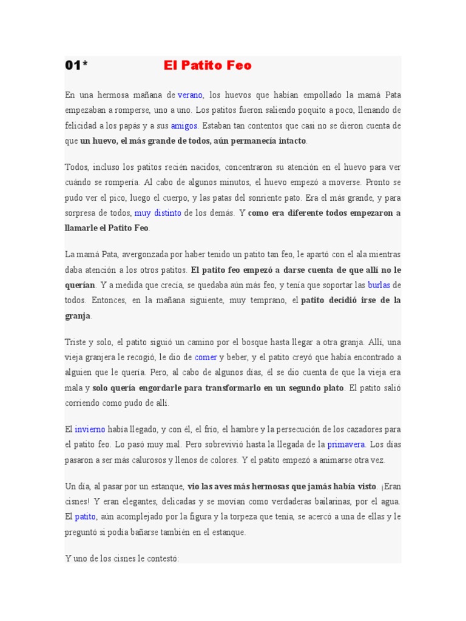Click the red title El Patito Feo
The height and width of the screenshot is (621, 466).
[208, 65]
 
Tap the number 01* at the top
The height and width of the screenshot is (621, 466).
[76, 65]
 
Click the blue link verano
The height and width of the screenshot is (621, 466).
[190, 95]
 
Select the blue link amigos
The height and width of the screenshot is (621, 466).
[184, 126]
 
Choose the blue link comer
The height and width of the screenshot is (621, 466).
[205, 357]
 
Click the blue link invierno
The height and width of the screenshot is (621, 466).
[90, 429]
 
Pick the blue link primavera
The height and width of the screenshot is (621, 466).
[346, 444]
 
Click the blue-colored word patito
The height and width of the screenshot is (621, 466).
[86, 516]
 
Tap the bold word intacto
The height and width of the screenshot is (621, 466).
[290, 141]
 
